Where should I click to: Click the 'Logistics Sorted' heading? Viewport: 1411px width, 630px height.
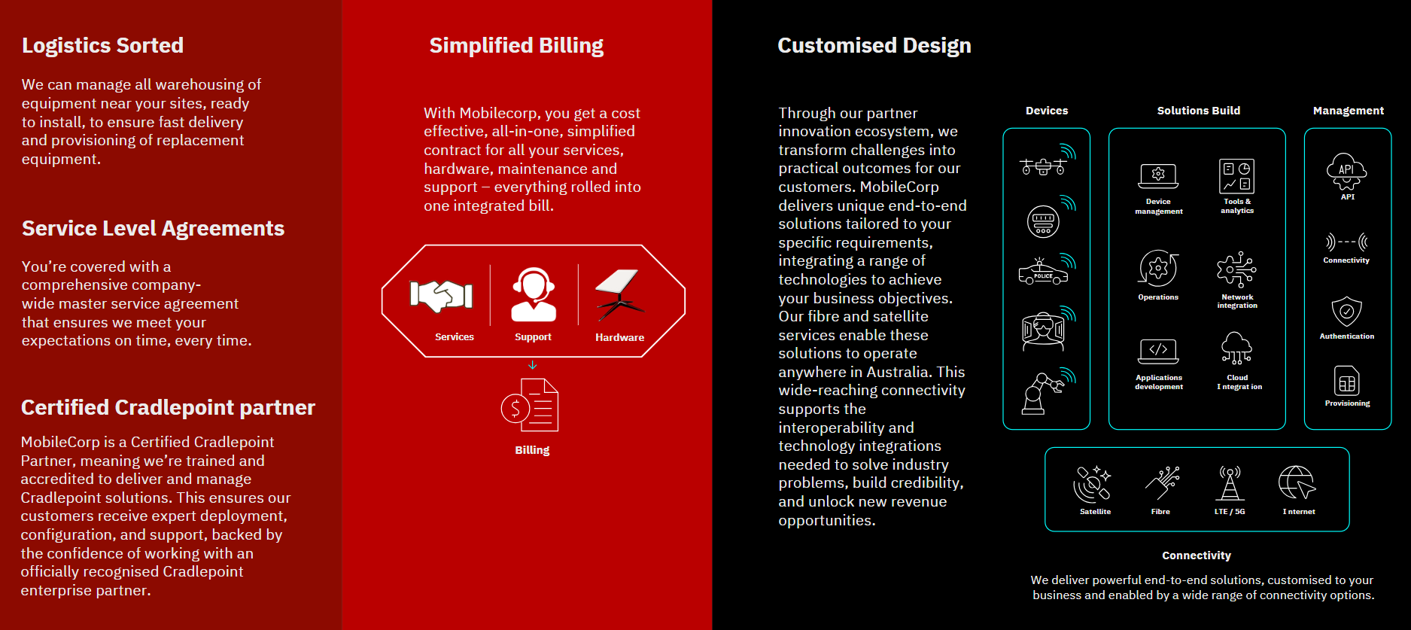(102, 46)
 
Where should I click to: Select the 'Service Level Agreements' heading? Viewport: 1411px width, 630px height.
(153, 229)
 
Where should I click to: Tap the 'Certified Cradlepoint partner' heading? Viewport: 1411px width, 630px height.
(168, 408)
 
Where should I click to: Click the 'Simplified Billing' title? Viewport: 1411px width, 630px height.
(516, 46)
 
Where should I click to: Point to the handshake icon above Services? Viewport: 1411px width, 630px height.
(441, 296)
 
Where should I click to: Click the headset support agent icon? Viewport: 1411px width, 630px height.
(534, 294)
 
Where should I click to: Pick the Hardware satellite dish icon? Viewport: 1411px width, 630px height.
(619, 294)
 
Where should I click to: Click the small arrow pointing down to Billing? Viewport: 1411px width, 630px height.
(533, 365)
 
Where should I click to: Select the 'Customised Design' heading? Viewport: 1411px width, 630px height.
(874, 46)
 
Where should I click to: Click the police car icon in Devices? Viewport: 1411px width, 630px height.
(1043, 272)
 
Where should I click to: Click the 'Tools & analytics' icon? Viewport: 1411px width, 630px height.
(1236, 176)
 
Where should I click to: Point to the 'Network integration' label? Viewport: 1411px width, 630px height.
(1237, 301)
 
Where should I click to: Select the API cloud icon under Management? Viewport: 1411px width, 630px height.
(1347, 171)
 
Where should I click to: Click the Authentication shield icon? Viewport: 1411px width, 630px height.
(1347, 311)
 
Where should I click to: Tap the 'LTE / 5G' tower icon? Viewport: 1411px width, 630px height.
(1230, 483)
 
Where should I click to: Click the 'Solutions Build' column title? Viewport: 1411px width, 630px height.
(1199, 111)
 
